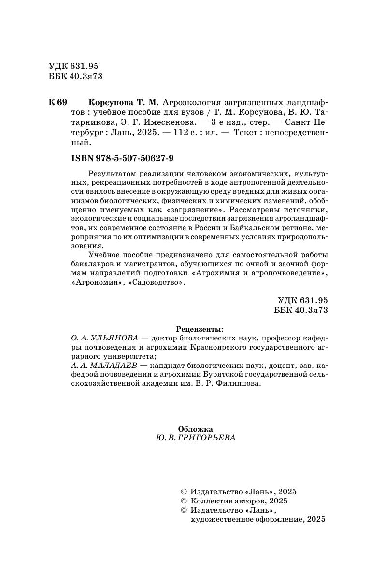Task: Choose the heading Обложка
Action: click(x=195, y=429)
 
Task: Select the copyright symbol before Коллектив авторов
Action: click(x=183, y=501)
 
